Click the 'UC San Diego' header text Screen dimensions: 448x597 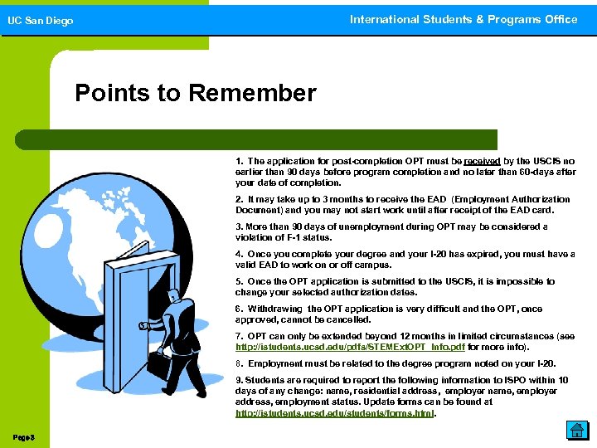pyautogui.click(x=40, y=21)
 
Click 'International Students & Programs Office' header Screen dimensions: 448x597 pyautogui.click(x=463, y=19)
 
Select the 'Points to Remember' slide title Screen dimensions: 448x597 pyautogui.click(x=195, y=93)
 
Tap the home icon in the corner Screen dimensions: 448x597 pyautogui.click(x=577, y=430)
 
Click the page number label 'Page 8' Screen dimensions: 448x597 pyautogui.click(x=23, y=436)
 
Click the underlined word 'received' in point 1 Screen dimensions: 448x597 pyautogui.click(x=482, y=161)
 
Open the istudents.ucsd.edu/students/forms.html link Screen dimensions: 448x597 pyautogui.click(x=335, y=412)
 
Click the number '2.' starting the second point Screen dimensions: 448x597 pyautogui.click(x=240, y=199)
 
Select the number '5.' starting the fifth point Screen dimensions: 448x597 pyautogui.click(x=240, y=281)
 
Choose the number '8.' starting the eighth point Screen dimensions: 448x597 pyautogui.click(x=240, y=363)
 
